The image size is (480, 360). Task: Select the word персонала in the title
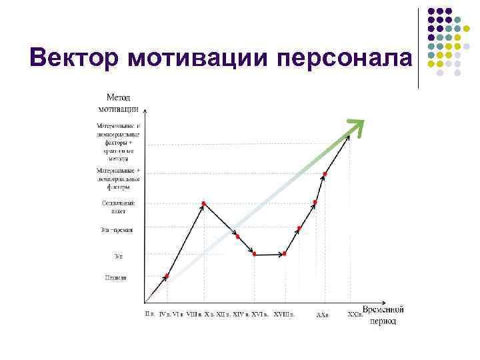coord(344,59)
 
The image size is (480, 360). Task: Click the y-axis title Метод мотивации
coord(119,103)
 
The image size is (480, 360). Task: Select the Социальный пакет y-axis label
coord(119,207)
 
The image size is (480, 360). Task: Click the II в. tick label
coord(150,313)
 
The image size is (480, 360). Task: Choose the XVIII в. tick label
coord(284,313)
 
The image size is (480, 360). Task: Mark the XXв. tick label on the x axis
coord(323,314)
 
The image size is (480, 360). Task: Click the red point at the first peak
coord(203,203)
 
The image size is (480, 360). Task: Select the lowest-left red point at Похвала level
coord(167,275)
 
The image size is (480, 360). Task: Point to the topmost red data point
coord(325,175)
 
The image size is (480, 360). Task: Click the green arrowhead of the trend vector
coord(357,126)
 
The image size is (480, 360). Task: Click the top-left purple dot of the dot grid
coord(431,11)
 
